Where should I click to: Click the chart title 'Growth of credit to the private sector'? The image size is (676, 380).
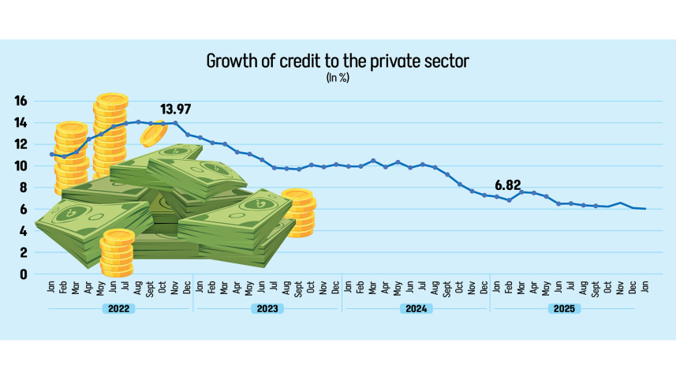(338, 61)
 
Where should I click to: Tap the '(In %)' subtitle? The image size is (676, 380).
(338, 78)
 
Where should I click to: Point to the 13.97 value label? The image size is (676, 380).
(175, 109)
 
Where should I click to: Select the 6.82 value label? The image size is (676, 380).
(509, 185)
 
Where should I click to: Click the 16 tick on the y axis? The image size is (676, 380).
(21, 101)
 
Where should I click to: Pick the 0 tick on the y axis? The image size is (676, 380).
(24, 274)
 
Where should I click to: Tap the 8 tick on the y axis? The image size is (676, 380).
(24, 188)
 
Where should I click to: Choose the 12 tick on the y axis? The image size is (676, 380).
(21, 144)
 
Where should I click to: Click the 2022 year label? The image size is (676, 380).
(118, 308)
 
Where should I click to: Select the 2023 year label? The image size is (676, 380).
(267, 308)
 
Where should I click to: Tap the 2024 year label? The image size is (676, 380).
(416, 308)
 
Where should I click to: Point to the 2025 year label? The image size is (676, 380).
(563, 308)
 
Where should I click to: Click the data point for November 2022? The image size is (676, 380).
(175, 122)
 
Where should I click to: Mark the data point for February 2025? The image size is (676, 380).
(509, 200)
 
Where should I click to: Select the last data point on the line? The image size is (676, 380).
(644, 208)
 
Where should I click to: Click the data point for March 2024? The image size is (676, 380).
(373, 161)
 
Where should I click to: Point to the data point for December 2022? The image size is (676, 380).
(187, 135)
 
